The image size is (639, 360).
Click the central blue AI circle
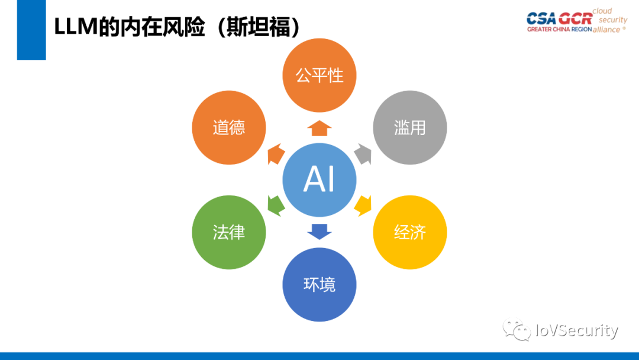[x=319, y=179]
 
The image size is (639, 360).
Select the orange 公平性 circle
[x=319, y=75]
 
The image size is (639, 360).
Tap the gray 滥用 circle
[x=409, y=127]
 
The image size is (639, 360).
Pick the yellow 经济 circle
[x=409, y=232]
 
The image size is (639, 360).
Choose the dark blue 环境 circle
[x=319, y=284]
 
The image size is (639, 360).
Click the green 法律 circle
[x=229, y=232]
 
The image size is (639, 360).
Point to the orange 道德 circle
[x=229, y=127]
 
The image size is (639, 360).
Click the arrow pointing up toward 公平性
[x=319, y=128]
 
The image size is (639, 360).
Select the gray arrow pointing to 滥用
[x=363, y=155]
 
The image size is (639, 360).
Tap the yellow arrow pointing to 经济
[x=363, y=204]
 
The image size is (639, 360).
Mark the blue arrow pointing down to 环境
[x=319, y=230]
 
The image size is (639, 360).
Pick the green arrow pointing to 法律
[x=276, y=204]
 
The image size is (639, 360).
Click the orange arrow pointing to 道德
[x=276, y=155]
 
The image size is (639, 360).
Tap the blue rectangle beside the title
[x=31, y=30]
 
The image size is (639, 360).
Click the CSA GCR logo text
[x=559, y=18]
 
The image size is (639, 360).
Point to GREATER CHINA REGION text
[x=559, y=30]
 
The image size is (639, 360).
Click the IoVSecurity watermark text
[x=576, y=330]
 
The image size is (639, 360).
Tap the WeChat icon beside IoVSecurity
[x=517, y=330]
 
